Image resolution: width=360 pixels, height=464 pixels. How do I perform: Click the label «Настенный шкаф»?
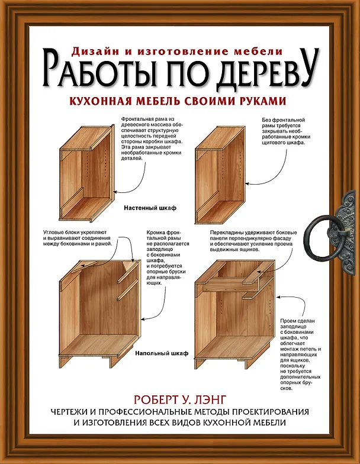150,208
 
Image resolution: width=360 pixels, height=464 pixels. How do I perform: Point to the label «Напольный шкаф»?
162,353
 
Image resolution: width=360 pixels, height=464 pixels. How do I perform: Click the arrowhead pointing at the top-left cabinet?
115,192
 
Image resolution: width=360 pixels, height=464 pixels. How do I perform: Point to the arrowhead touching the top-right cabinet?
247,183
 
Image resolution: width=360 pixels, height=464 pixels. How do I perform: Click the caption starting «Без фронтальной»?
286,131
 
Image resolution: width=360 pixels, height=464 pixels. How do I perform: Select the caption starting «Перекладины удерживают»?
253,241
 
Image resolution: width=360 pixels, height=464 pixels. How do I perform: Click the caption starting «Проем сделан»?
301,355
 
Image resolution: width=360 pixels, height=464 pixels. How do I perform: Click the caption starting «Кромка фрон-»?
168,257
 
